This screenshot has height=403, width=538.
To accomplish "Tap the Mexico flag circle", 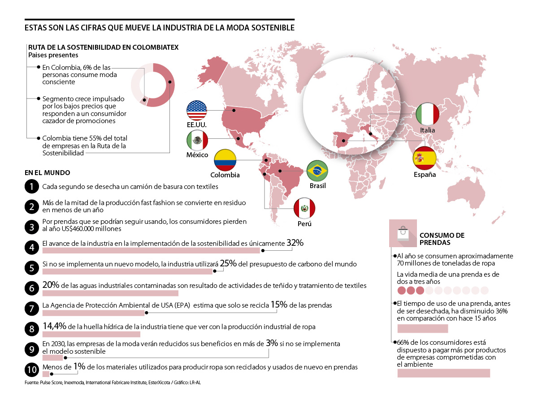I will (197, 141).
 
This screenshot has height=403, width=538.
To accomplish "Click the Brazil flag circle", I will (317, 171).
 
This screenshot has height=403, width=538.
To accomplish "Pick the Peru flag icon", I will (304, 208).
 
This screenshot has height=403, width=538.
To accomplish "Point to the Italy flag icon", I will (427, 115).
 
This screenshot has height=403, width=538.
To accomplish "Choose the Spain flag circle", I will (424, 158).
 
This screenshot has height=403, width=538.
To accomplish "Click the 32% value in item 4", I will (295, 243).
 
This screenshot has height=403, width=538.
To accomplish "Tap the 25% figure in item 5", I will (228, 263).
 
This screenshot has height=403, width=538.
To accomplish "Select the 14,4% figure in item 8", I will (53, 326).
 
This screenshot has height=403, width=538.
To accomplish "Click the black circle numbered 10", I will (31, 370).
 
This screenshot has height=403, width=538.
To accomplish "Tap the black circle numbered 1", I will (31, 186).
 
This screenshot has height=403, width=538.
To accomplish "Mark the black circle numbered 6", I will (31, 288).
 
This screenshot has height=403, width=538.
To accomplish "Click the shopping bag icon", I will (403, 232).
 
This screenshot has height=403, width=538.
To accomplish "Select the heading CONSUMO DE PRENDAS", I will (441, 239).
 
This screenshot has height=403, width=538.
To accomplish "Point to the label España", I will (425, 175).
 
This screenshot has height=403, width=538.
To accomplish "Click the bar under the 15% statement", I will (93, 313).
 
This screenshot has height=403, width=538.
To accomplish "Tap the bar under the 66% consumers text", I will (444, 373).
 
